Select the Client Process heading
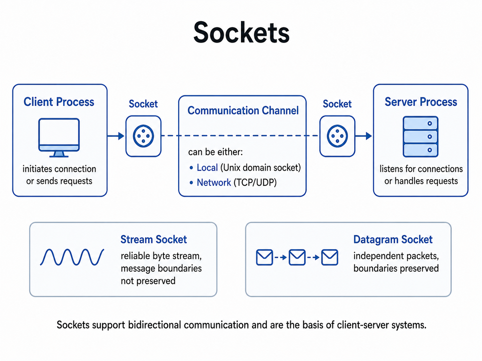[x=59, y=102]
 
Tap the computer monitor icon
[x=59, y=138]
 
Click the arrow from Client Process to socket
[x=116, y=136]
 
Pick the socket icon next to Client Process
[x=143, y=136]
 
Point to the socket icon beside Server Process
[x=337, y=136]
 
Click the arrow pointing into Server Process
[x=363, y=136]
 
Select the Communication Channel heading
[x=243, y=110]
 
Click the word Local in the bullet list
[x=207, y=168]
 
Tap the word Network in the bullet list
[x=214, y=182]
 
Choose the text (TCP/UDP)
[x=255, y=182]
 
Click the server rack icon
[x=420, y=137]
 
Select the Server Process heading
[x=421, y=102]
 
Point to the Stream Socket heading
[x=154, y=239]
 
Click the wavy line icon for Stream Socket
[x=72, y=257]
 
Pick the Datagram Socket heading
[x=393, y=239]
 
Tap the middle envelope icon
[x=297, y=257]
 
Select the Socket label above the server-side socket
[x=337, y=104]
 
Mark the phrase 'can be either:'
[x=215, y=152]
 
